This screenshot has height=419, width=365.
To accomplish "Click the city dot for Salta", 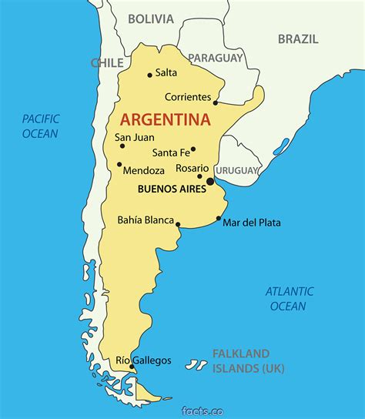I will (149, 75).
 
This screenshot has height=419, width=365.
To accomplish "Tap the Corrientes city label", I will (187, 97).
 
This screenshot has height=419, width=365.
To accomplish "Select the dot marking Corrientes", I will (216, 102).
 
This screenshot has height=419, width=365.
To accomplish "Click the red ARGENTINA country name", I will (165, 119).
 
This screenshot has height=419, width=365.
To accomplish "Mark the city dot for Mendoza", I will (119, 164).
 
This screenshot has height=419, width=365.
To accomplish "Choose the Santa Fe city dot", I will (193, 149).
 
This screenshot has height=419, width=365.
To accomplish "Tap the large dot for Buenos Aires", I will (210, 182).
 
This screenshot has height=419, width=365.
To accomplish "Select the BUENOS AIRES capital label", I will (171, 187).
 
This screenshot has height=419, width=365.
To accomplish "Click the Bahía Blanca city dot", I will (178, 226).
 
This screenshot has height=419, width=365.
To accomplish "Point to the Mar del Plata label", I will (252, 223).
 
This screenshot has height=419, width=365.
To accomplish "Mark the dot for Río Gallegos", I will (132, 367).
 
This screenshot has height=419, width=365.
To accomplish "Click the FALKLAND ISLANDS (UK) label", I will (247, 361).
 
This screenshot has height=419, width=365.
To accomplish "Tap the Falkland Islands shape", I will (199, 363).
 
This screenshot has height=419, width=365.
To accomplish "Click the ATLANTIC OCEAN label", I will (289, 298).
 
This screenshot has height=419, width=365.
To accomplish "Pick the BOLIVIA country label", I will (150, 18).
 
